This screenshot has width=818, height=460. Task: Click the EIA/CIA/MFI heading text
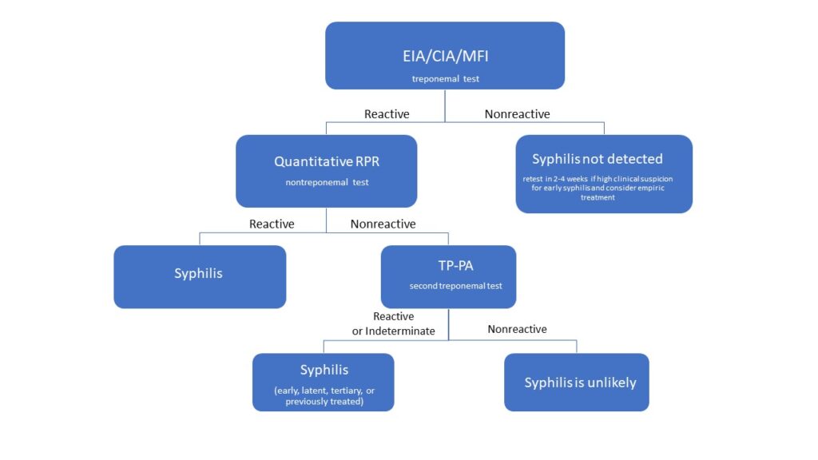tap(444, 57)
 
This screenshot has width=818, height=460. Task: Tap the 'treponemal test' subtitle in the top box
tap(444, 79)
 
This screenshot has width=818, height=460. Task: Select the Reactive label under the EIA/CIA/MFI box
tap(387, 114)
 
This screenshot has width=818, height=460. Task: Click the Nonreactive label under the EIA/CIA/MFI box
tap(517, 114)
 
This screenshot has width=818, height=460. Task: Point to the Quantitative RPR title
tap(327, 161)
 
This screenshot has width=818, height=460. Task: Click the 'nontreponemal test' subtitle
tap(327, 182)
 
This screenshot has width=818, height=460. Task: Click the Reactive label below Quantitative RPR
tap(272, 224)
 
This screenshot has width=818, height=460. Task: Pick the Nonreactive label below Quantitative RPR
tap(383, 224)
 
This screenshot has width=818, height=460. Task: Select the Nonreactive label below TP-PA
tap(517, 329)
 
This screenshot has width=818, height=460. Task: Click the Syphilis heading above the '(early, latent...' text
tap(324, 371)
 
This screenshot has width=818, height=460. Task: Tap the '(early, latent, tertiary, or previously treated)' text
tap(324, 396)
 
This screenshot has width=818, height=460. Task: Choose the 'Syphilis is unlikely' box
tap(577, 383)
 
